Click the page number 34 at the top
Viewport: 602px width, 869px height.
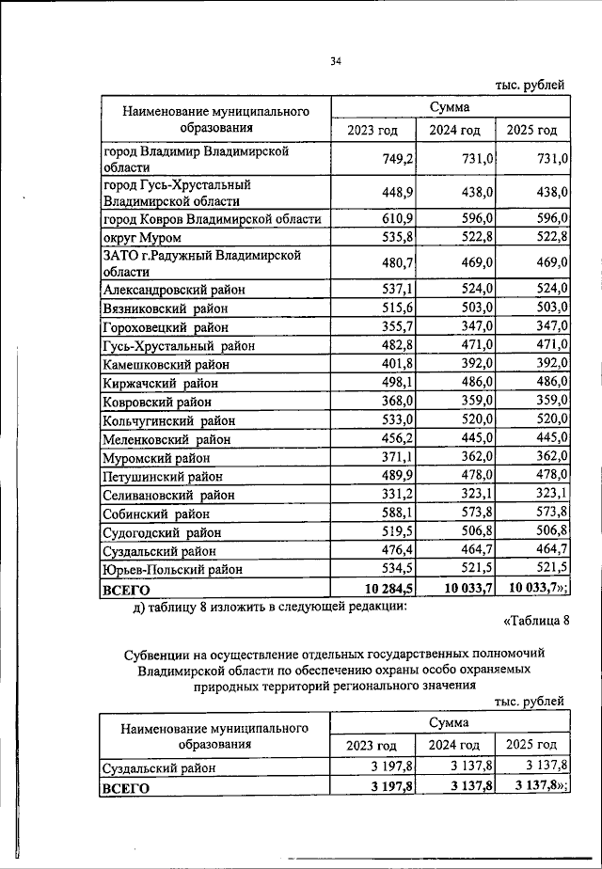coord(336,62)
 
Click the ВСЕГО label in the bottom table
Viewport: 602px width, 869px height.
coord(126,788)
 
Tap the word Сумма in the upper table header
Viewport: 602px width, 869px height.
coord(451,108)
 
